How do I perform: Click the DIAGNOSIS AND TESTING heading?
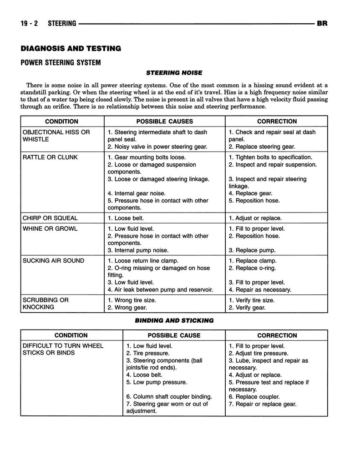(x=71, y=48)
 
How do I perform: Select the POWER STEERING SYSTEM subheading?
(x=60, y=62)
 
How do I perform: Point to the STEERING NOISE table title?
(x=174, y=72)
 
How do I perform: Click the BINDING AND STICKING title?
(x=174, y=320)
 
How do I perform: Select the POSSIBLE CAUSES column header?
(x=165, y=122)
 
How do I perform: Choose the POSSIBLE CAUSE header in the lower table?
(x=174, y=335)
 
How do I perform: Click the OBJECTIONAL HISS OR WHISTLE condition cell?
(x=56, y=136)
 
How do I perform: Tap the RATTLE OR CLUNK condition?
(x=50, y=157)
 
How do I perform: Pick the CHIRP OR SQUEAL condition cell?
(x=50, y=218)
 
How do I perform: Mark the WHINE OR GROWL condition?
(x=50, y=229)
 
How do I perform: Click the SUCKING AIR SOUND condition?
(x=53, y=261)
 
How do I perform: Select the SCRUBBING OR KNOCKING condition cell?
(x=46, y=304)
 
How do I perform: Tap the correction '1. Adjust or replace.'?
(x=255, y=218)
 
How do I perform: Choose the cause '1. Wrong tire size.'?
(x=132, y=300)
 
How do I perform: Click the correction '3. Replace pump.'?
(x=252, y=250)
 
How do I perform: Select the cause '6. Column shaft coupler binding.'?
(x=169, y=396)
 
